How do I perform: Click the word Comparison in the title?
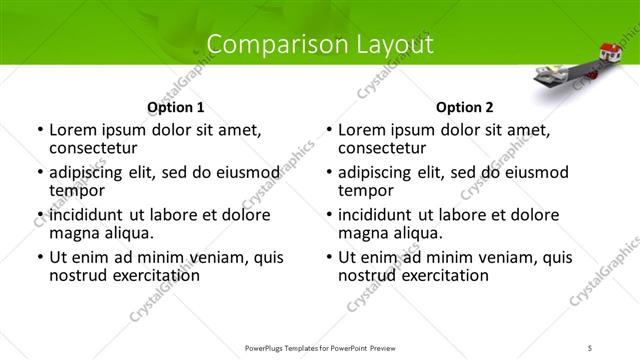(261, 44)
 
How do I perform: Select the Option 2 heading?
(464, 107)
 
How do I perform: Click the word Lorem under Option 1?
(73, 130)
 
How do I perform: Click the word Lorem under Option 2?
(362, 130)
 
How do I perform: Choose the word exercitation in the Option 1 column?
(147, 275)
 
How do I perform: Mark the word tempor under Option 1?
(78, 190)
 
